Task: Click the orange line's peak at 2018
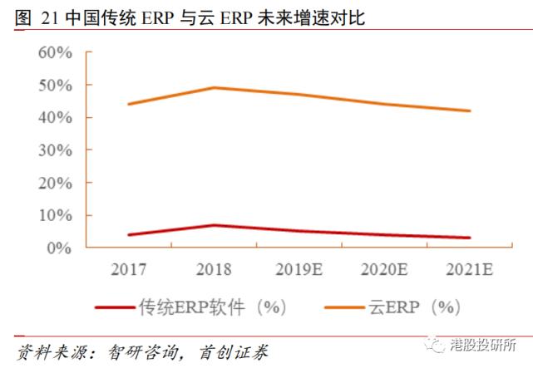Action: tap(214, 87)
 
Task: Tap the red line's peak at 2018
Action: tap(214, 225)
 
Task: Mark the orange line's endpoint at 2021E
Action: tap(471, 110)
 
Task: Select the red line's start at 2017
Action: tap(128, 235)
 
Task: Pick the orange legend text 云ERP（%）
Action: tap(413, 307)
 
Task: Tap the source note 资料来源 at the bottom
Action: tap(141, 351)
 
